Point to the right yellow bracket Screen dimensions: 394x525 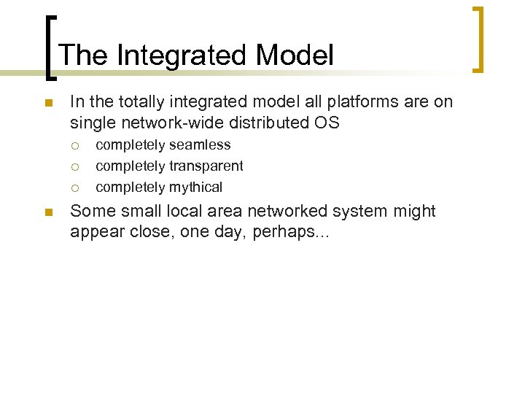[478, 40]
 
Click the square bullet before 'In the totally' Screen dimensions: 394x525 [48, 104]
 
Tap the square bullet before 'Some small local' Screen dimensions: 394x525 [48, 213]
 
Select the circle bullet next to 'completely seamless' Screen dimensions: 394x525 [76, 145]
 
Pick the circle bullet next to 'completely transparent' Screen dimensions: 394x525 [76, 166]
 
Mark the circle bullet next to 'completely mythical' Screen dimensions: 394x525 [76, 188]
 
